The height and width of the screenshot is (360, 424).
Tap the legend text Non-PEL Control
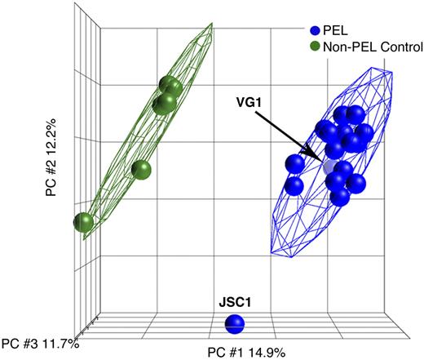point(369,47)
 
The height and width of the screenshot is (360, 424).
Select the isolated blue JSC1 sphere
point(235,324)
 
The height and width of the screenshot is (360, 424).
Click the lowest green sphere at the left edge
point(82,221)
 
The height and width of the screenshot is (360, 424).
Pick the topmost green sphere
point(170,86)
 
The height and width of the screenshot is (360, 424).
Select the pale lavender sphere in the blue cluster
point(330,167)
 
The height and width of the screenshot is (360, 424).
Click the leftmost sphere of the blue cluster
point(294,164)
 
